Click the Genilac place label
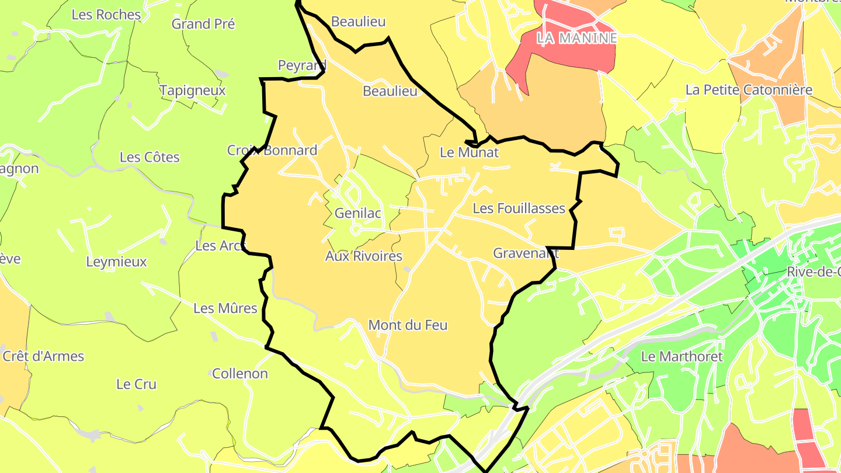tap(357, 213)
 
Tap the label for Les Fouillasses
tap(519, 208)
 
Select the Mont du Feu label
tap(408, 325)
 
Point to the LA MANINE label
tap(576, 39)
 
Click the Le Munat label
tap(469, 153)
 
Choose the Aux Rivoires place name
tap(363, 256)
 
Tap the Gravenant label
tap(526, 253)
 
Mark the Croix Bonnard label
tap(272, 151)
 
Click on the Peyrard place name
tap(301, 65)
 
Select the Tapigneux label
tap(192, 91)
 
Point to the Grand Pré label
tap(203, 24)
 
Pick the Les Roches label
tap(106, 15)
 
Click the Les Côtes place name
tap(150, 158)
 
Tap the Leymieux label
tap(116, 262)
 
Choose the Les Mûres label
tap(225, 308)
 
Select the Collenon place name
tap(239, 374)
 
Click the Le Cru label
tap(136, 384)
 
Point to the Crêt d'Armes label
tap(43, 356)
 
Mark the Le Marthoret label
tap(682, 356)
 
